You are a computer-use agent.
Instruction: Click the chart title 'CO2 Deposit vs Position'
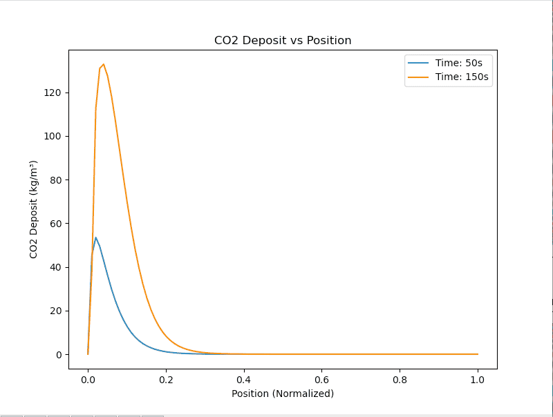point(283,41)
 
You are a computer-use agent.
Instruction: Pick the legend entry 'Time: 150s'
point(462,77)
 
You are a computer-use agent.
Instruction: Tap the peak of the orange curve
point(104,64)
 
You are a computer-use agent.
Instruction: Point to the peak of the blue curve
point(95,237)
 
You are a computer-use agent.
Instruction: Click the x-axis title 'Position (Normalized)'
point(283,394)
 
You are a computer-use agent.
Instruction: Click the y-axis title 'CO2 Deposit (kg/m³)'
point(33,209)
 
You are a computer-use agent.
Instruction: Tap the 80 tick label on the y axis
point(55,180)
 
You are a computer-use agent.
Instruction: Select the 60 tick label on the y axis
point(55,224)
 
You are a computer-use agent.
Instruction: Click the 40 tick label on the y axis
point(55,267)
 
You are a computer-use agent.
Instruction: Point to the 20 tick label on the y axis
point(55,311)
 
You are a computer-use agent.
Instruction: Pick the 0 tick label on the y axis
point(58,355)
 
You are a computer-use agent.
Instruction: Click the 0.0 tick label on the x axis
point(88,379)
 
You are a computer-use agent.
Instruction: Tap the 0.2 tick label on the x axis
point(166,379)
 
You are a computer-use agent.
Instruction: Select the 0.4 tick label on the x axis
point(244,379)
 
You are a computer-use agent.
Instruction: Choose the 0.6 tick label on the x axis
point(322,379)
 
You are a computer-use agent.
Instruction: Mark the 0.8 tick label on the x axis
point(400,379)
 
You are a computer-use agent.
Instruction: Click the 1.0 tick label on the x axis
point(478,379)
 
